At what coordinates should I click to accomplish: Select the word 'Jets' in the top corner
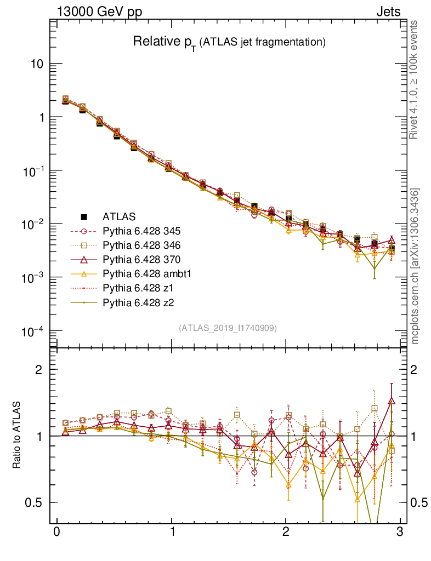pos(388,12)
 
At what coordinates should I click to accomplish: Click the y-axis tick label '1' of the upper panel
pos(41,118)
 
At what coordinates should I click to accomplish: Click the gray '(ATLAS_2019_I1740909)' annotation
pos(228,328)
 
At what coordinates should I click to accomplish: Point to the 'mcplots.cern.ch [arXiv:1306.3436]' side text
pos(415,266)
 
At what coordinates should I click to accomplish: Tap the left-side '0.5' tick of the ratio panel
pos(35,503)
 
